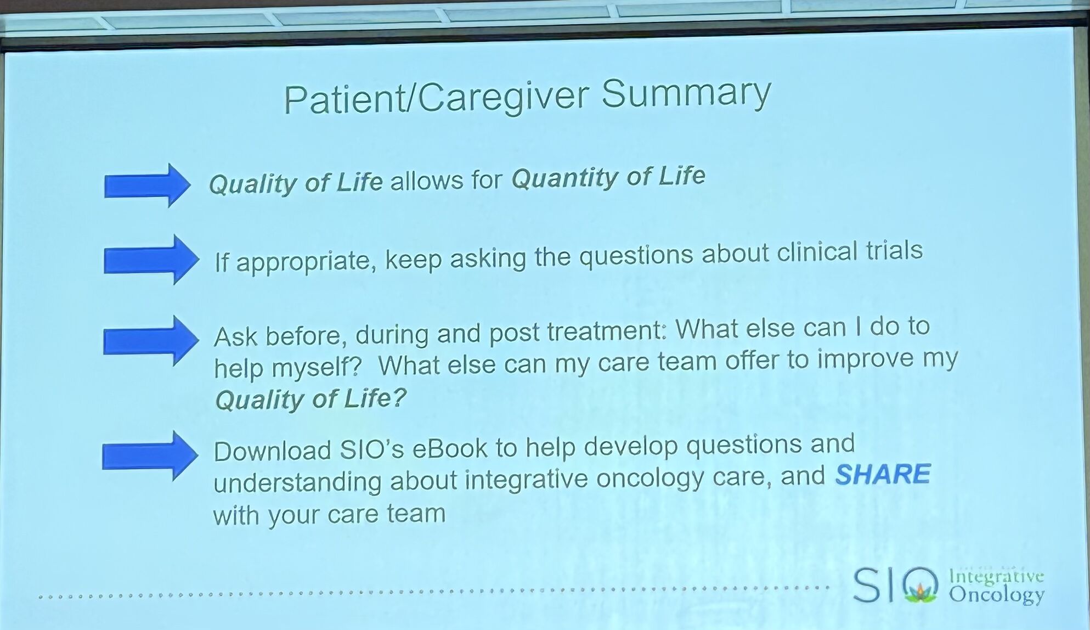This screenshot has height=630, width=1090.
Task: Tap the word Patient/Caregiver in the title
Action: tap(437, 99)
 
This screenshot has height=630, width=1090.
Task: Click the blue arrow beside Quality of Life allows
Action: tap(147, 185)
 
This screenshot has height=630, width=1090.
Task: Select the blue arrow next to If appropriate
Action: tap(151, 259)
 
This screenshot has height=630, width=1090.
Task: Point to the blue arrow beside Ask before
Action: tap(151, 341)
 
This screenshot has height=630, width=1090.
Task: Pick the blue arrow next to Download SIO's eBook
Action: tap(150, 456)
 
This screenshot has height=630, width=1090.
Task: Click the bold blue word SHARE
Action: tap(883, 474)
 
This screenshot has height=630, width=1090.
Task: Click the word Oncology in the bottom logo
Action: tap(997, 595)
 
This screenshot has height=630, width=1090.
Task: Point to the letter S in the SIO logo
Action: tap(867, 586)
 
